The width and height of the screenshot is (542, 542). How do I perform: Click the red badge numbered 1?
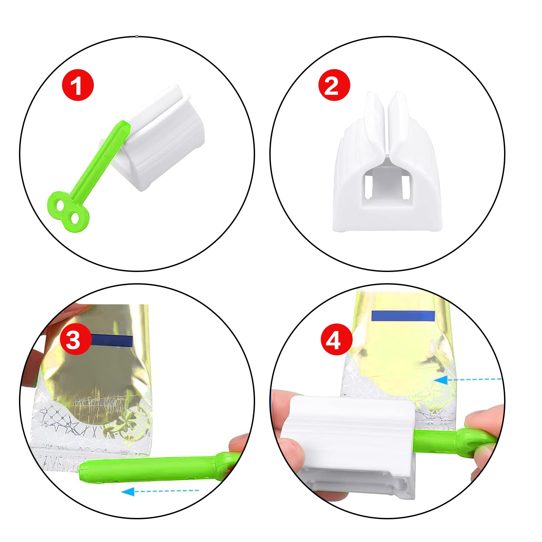coord(78,85)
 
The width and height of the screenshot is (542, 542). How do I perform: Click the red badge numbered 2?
coord(334,85)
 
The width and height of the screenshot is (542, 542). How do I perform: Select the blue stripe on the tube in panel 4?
coord(403,316)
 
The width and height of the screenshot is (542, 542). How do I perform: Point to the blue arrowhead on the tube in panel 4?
coord(440,380)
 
